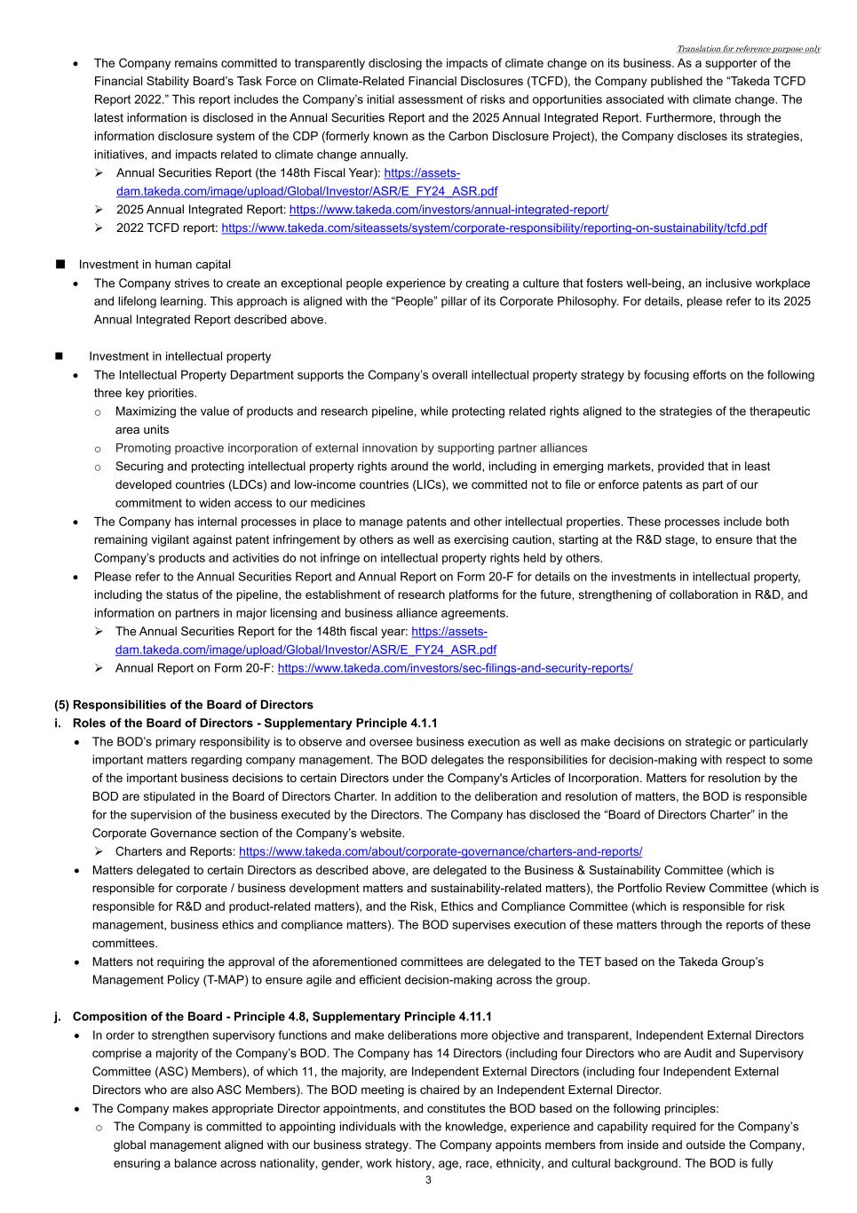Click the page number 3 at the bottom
pos(428,1180)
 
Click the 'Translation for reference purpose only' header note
pos(748,49)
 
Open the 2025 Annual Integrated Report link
pos(448,210)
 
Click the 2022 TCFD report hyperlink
pos(494,228)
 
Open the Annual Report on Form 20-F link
pos(455,668)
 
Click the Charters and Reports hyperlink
pos(440,851)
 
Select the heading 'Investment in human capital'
pos(155,265)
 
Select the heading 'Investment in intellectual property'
pos(179,356)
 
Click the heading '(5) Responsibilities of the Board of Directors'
pos(184,705)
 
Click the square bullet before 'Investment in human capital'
pos(60,265)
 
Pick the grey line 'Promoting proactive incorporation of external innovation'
pos(351,449)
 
